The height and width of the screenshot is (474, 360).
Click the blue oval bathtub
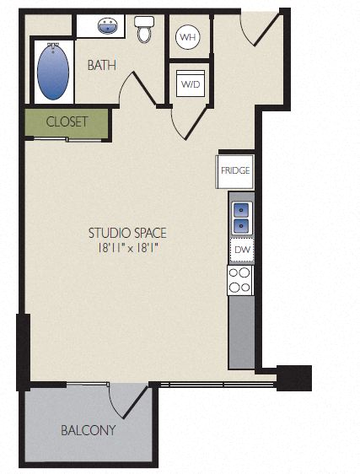point(53,72)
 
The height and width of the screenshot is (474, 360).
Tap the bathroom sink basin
point(107,25)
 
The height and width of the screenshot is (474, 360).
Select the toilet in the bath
point(144,29)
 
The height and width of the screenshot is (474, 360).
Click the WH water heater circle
point(188,37)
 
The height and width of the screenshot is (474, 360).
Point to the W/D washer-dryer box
point(191,83)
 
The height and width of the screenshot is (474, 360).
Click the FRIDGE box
point(235,171)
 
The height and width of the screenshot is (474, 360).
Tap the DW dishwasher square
point(242,250)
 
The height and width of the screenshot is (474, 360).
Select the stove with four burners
point(240,280)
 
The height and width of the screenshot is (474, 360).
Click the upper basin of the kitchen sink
point(241,209)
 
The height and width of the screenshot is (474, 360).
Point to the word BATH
point(102,65)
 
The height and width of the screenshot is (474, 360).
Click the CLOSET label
point(67,121)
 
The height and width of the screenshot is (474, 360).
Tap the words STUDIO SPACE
point(127,233)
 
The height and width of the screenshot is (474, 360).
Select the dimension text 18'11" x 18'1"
point(127,249)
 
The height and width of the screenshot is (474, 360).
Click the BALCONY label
point(89,430)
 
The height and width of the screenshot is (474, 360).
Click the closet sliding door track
point(67,139)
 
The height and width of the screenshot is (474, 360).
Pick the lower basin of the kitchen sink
point(241,225)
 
